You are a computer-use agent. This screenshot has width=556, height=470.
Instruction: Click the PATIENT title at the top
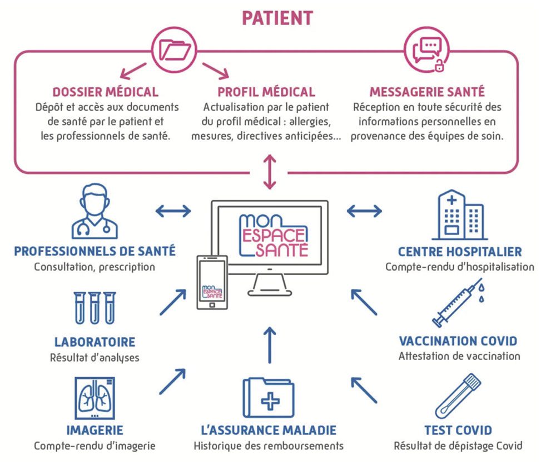(277, 17)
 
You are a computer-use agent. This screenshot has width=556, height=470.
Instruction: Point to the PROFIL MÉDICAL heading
(266, 92)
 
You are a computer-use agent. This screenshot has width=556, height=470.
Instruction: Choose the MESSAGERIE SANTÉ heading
(427, 92)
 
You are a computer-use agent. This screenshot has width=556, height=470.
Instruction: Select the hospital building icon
(459, 216)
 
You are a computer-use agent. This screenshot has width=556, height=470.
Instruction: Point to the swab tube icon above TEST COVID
(458, 397)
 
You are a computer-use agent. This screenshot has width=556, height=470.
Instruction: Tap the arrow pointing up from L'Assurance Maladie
(269, 345)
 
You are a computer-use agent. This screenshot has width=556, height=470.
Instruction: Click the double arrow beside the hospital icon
(364, 211)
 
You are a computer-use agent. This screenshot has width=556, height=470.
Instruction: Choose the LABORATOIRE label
(95, 342)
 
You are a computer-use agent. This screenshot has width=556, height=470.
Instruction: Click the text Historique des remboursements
(269, 446)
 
